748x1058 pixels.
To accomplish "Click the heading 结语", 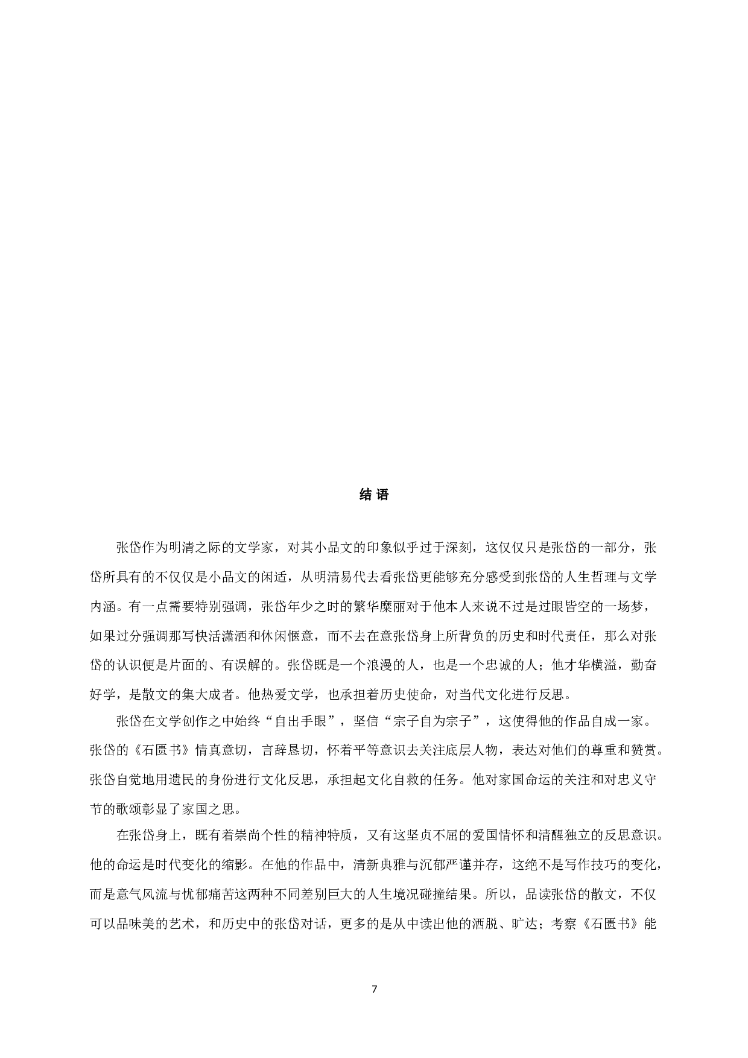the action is [374, 495].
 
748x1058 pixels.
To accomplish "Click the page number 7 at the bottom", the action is [374, 989].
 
